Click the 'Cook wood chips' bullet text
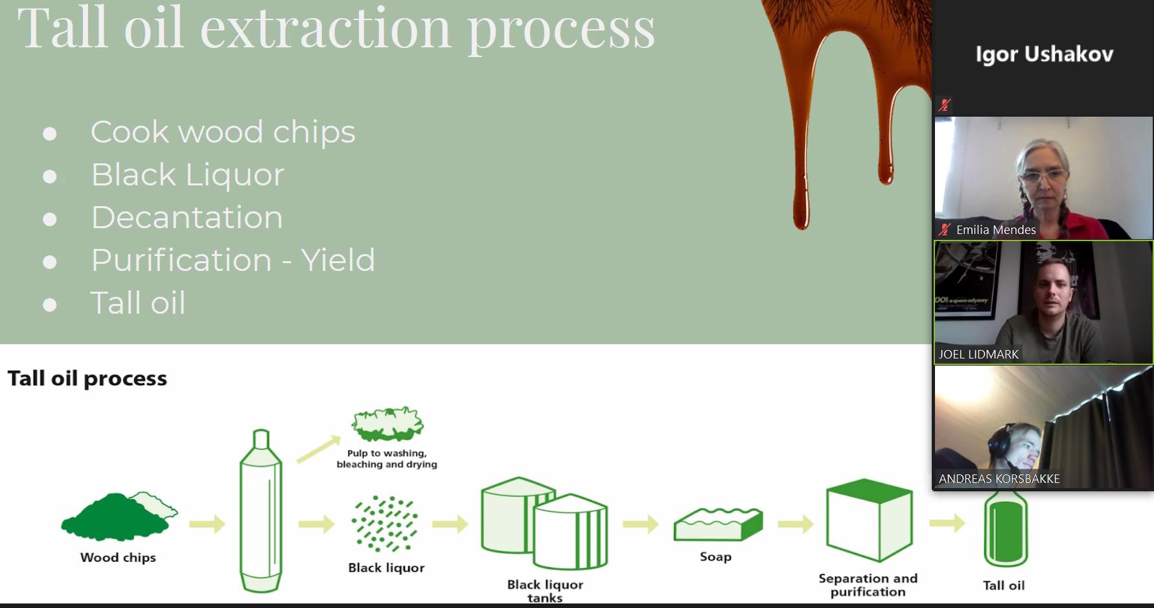pyautogui.click(x=223, y=132)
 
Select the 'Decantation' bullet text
pyautogui.click(x=187, y=218)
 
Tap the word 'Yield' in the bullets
pyautogui.click(x=338, y=261)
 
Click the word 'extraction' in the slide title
pyautogui.click(x=325, y=29)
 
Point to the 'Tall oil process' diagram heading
pyautogui.click(x=87, y=379)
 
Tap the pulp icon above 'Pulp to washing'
pyautogui.click(x=387, y=424)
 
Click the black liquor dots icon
pyautogui.click(x=385, y=524)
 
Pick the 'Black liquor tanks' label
pyautogui.click(x=545, y=590)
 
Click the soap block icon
pyautogui.click(x=717, y=524)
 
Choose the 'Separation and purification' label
pyautogui.click(x=868, y=585)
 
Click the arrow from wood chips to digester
pyautogui.click(x=207, y=524)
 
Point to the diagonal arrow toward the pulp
pyautogui.click(x=318, y=449)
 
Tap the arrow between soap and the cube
pyautogui.click(x=795, y=524)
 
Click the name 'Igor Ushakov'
pyautogui.click(x=1044, y=54)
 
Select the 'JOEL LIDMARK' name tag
pyautogui.click(x=978, y=355)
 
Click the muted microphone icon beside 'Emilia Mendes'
pyautogui.click(x=945, y=229)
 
